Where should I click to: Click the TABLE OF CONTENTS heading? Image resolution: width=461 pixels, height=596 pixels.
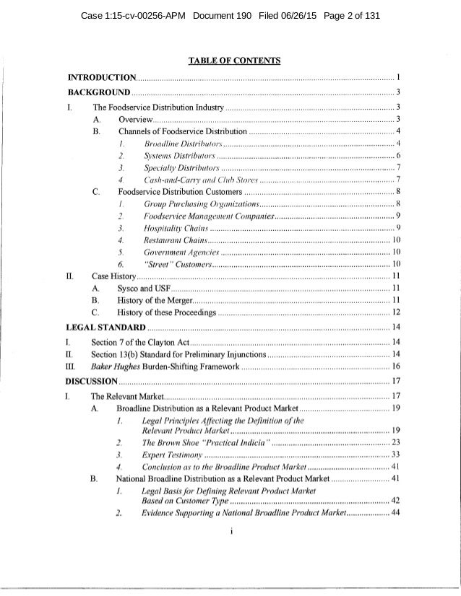coord(231,60)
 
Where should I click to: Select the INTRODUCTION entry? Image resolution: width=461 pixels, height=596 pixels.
coord(101,77)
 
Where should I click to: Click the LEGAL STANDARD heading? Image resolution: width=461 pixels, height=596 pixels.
coord(108,328)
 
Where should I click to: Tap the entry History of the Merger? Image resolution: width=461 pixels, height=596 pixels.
coord(158,299)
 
